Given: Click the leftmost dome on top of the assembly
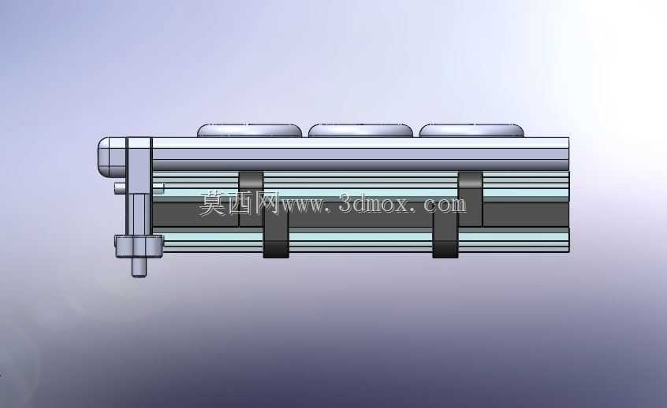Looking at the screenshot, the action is point(249,131).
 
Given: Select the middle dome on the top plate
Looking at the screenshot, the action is point(360,131).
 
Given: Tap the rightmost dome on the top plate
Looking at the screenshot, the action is point(471,131).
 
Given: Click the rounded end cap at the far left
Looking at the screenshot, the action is point(112,158).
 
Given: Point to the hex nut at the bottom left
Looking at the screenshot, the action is point(139,247).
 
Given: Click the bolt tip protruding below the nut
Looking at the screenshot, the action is point(139,267).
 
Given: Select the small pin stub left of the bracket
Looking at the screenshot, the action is point(121,187).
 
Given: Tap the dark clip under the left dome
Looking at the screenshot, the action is point(251,198).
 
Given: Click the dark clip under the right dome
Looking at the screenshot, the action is point(471,198).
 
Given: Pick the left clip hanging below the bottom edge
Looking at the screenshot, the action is point(276,234).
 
